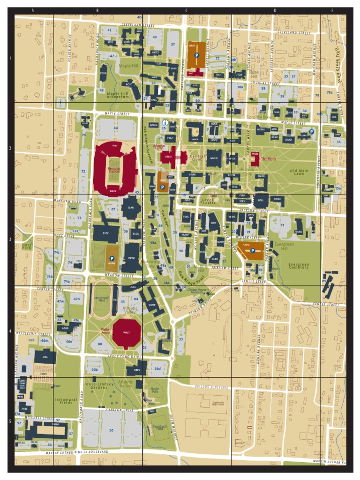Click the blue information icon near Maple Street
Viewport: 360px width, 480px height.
click(x=165, y=122)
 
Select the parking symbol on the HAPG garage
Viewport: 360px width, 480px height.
click(x=253, y=251)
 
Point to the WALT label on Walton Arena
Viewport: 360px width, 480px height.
click(x=126, y=332)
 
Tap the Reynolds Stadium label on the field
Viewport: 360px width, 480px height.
click(x=114, y=170)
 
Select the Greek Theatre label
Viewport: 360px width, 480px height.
click(x=207, y=202)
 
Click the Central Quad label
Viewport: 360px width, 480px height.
click(x=197, y=158)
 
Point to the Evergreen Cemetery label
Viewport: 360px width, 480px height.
click(x=299, y=266)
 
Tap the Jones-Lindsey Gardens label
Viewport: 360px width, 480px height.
click(x=99, y=386)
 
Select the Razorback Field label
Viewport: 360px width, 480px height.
click(x=160, y=427)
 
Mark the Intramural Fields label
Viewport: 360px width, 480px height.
click(x=65, y=401)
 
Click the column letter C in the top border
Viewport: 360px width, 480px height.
click(x=186, y=10)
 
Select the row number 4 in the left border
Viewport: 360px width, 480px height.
click(x=10, y=331)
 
